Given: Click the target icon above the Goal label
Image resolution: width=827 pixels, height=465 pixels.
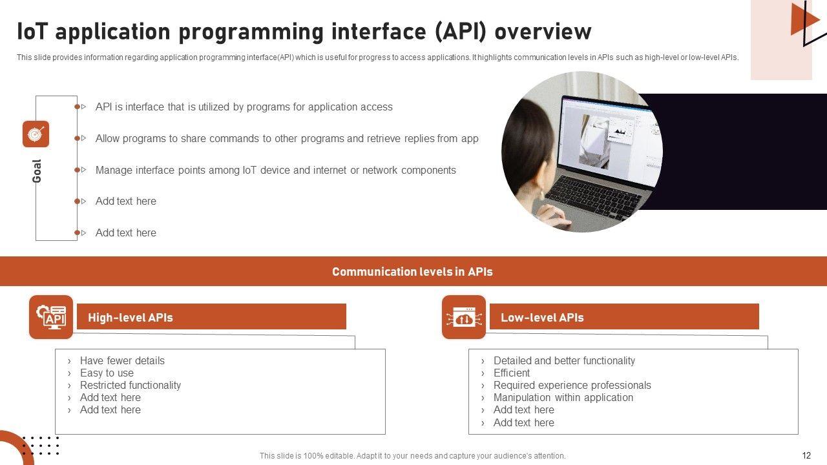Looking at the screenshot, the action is coord(36,134).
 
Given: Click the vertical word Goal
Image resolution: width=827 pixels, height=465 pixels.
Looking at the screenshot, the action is coord(37,171).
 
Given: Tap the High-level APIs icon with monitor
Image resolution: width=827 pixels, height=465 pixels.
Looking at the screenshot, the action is coord(51,317).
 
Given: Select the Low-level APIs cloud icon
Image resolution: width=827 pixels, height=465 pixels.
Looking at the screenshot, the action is coord(464,317).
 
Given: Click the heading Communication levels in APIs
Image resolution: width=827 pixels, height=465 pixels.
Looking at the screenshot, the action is coord(412,272).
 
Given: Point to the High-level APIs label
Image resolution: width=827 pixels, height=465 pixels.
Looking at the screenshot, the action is coord(131,317).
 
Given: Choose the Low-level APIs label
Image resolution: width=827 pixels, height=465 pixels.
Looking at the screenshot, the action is coord(542,317).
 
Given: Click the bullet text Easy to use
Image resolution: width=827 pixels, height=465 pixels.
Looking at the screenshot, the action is coord(107,373).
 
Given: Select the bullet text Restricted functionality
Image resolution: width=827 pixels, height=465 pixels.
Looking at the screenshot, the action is coord(131,386).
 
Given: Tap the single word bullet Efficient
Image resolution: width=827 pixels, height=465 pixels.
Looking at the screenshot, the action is coord(511,373).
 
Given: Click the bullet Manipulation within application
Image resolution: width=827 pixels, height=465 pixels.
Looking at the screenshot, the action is coord(563,397).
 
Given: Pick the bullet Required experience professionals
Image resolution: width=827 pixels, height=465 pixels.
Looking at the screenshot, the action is coord(572,386).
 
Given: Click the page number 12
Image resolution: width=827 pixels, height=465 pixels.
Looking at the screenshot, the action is coord(806,455).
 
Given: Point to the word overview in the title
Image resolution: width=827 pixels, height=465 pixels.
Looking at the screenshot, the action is coord(543,32).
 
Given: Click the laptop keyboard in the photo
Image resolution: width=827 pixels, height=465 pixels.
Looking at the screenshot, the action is coord(594,196).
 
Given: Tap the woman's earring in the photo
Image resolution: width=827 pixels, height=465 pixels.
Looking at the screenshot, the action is coord(542,194).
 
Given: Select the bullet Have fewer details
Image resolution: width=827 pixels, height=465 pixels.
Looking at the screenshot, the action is coord(122,360).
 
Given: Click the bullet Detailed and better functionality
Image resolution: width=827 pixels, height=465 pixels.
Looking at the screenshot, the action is coord(564,360).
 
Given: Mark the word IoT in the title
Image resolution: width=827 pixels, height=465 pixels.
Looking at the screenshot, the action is coord(32,32).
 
